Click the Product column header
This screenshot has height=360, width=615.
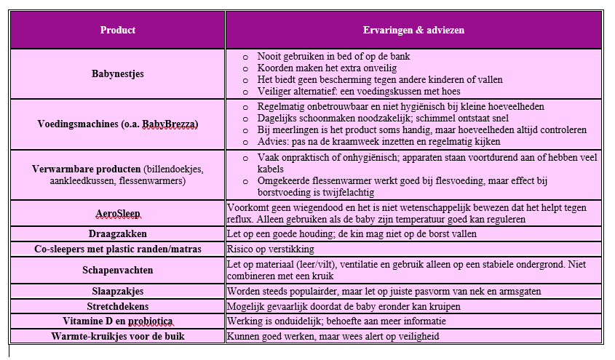tap(117, 31)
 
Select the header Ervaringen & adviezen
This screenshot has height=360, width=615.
tap(413, 31)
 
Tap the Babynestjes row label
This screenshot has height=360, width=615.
tap(117, 73)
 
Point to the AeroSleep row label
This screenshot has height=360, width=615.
tap(117, 213)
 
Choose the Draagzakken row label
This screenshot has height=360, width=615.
tap(117, 234)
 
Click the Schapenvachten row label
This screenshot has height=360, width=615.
tap(117, 270)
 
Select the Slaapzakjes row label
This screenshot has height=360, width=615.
tap(117, 291)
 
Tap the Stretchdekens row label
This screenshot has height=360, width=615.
tap(117, 306)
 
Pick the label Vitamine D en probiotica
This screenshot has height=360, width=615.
tap(117, 321)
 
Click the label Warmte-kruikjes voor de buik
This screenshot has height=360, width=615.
tap(117, 337)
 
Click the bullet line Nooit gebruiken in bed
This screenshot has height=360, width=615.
tap(334, 56)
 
